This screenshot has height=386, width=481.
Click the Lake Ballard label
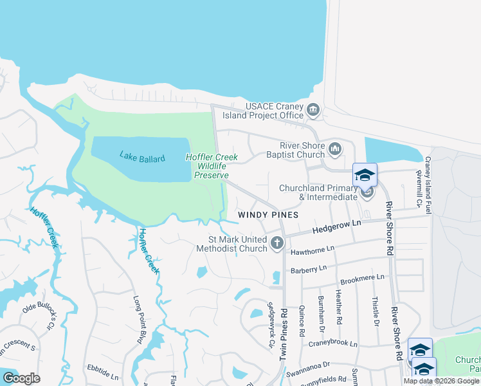click(142, 158)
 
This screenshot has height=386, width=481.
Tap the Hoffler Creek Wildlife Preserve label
click(212, 166)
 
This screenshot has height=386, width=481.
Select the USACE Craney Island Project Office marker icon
click(313, 110)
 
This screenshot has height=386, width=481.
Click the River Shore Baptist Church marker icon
click(334, 150)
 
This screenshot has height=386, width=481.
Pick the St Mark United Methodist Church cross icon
click(277, 243)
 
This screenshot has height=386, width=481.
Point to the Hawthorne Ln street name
click(313, 249)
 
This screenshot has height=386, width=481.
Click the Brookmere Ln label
click(362, 278)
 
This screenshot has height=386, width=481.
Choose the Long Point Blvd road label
click(138, 320)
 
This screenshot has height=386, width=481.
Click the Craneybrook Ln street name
click(332, 343)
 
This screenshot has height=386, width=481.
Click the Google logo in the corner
click(21, 378)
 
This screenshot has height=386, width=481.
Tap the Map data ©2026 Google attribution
click(441, 381)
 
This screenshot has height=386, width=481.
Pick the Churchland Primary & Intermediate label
click(318, 192)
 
